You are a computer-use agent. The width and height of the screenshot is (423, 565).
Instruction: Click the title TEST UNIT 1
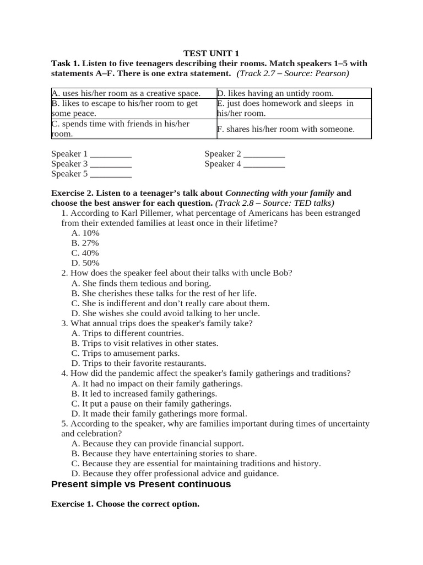211,54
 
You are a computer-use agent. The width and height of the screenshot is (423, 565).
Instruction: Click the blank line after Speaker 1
111,154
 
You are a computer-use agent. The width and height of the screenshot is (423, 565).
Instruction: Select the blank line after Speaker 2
264,154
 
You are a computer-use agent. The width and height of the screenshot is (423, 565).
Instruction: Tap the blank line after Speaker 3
111,164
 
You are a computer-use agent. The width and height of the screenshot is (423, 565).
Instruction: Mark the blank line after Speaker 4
264,164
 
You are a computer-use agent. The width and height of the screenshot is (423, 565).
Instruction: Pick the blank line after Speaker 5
111,174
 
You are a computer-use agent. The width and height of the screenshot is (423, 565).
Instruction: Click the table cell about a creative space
126,94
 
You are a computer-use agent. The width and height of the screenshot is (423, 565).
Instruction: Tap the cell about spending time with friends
121,129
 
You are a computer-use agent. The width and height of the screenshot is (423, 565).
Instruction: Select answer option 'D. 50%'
85,263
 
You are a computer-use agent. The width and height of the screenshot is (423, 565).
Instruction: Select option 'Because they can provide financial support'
158,444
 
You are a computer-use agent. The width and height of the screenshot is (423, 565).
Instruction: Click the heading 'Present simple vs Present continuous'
140,484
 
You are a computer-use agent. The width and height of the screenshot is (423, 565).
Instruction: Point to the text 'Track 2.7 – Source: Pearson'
293,74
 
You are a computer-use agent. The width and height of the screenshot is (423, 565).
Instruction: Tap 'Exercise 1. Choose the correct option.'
125,504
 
